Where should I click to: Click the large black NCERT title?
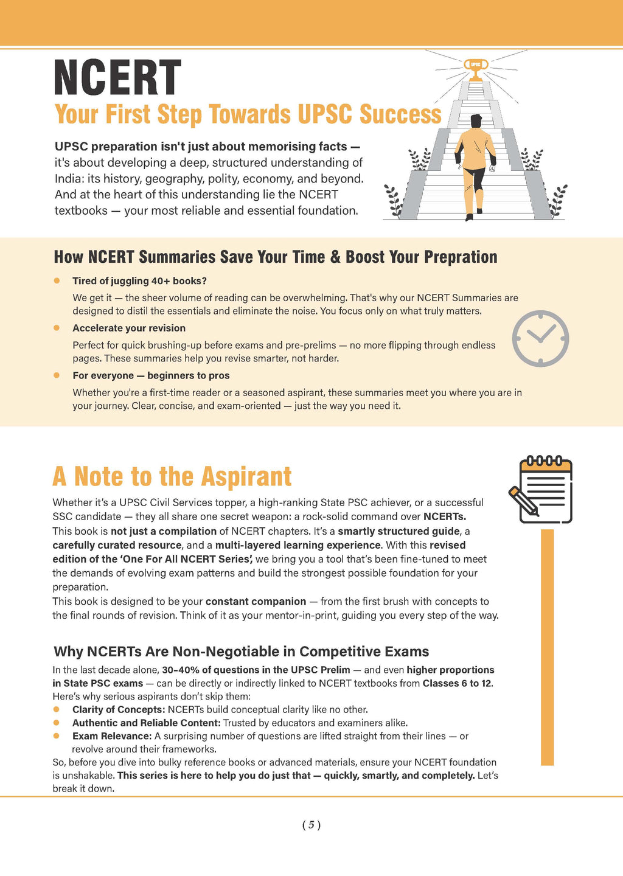tap(117, 78)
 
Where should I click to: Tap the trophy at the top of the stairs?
tap(476, 68)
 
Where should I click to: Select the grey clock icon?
tap(540, 338)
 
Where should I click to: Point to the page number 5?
tap(311, 825)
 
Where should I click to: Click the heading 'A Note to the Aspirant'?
tap(172, 476)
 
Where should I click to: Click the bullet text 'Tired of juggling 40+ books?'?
tap(139, 280)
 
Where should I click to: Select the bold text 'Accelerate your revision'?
tap(129, 328)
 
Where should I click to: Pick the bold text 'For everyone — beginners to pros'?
tap(151, 375)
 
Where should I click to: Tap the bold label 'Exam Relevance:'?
tap(112, 736)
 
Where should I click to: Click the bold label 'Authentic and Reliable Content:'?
tap(146, 723)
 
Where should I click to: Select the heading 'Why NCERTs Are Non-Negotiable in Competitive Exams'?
tap(241, 652)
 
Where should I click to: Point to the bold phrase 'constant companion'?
tap(256, 601)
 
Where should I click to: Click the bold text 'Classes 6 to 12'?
tap(457, 683)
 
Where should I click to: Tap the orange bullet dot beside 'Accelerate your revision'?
tap(57, 328)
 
